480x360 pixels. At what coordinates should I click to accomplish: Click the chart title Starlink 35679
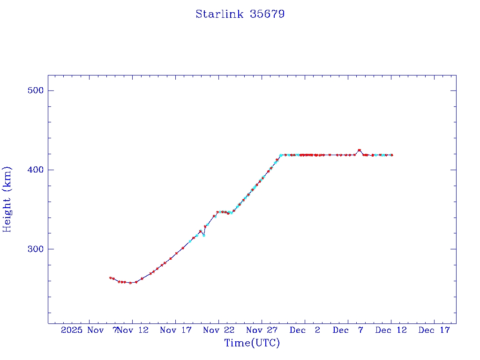click(x=240, y=14)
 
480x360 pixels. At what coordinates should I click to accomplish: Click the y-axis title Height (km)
click(x=7, y=199)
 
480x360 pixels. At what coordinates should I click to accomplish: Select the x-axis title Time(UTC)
click(x=252, y=343)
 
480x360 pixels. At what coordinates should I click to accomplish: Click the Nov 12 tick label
click(x=133, y=330)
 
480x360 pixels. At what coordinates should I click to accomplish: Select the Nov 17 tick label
click(x=176, y=330)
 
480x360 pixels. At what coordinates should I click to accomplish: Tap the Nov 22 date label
click(x=218, y=330)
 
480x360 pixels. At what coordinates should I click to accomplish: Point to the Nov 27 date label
click(x=262, y=330)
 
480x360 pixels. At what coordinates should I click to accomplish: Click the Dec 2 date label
click(x=305, y=330)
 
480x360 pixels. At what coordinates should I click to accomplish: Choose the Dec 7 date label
click(x=348, y=330)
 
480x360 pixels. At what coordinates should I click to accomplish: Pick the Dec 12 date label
click(x=391, y=330)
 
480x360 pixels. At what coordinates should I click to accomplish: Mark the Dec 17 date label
click(x=434, y=330)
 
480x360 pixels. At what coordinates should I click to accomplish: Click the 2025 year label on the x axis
click(x=73, y=330)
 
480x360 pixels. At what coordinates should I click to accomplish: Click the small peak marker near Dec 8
click(x=359, y=150)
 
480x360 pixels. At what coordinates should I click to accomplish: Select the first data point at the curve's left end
click(x=110, y=278)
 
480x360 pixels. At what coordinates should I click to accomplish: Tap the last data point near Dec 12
click(x=392, y=155)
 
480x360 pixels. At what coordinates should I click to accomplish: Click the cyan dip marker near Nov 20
click(x=203, y=235)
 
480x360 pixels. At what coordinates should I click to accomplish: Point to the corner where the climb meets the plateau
click(x=280, y=155)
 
